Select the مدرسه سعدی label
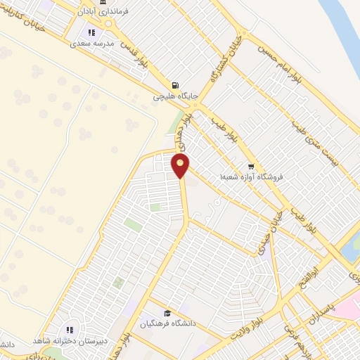[x=94, y=43]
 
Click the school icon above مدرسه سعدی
[x=91, y=32]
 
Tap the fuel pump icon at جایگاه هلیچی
[x=174, y=84]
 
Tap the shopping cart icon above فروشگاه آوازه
[x=252, y=166]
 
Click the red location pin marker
[x=181, y=167]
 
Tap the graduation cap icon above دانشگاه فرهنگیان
[x=167, y=314]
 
